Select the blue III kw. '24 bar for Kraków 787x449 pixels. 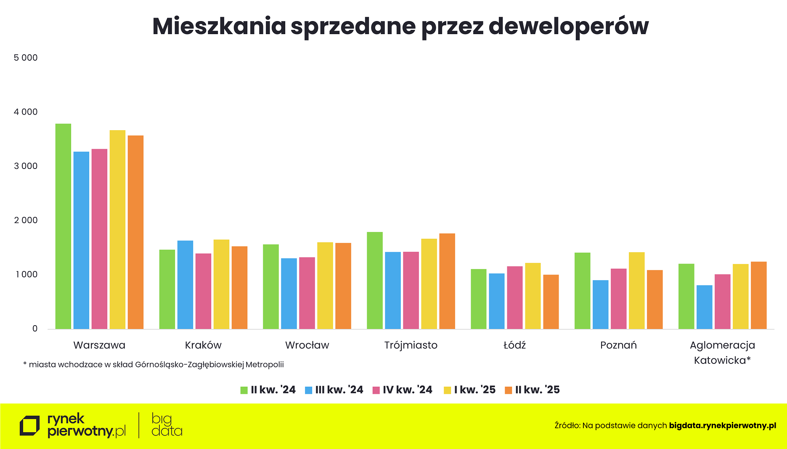(185, 285)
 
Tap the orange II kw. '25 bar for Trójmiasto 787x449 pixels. (447, 281)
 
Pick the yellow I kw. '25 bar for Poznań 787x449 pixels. (636, 291)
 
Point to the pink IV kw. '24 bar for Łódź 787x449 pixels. (514, 297)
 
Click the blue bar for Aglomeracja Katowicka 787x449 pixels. (704, 307)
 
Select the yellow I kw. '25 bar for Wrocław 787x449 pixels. (325, 286)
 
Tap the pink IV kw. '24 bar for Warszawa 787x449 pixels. (99, 239)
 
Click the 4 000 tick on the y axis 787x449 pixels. (26, 112)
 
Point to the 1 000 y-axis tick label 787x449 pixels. (26, 275)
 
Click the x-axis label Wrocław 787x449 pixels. (307, 345)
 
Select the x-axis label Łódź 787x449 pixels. (514, 345)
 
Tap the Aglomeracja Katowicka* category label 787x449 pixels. (722, 353)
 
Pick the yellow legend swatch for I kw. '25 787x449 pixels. (448, 390)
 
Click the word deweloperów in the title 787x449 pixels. (568, 26)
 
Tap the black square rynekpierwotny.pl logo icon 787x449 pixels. (29, 426)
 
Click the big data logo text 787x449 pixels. (167, 425)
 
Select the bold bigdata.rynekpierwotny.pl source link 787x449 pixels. (722, 425)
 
